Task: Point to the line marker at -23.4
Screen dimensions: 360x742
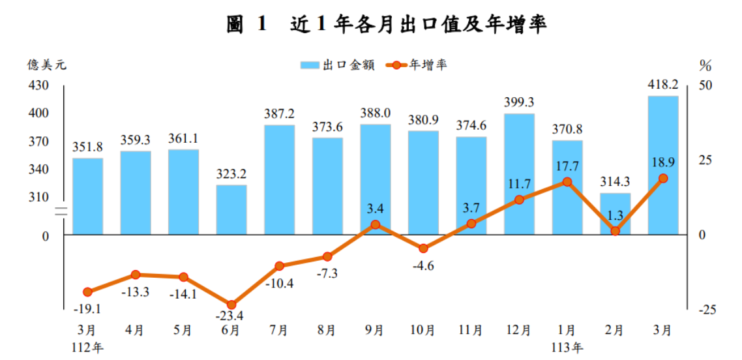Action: click(231, 305)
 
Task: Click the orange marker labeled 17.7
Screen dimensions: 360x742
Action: click(567, 181)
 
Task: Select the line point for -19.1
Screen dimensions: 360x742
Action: click(87, 292)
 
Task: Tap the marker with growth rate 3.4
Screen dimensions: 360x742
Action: click(375, 224)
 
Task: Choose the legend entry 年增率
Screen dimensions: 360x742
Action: click(417, 65)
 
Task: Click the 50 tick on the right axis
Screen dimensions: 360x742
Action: click(706, 85)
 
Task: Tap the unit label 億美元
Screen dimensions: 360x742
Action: click(46, 65)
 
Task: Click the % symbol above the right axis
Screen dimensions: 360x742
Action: click(705, 65)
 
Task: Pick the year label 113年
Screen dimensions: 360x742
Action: click(567, 346)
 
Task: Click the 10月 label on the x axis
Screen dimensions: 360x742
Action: click(423, 331)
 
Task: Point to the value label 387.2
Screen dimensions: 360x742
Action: click(279, 113)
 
